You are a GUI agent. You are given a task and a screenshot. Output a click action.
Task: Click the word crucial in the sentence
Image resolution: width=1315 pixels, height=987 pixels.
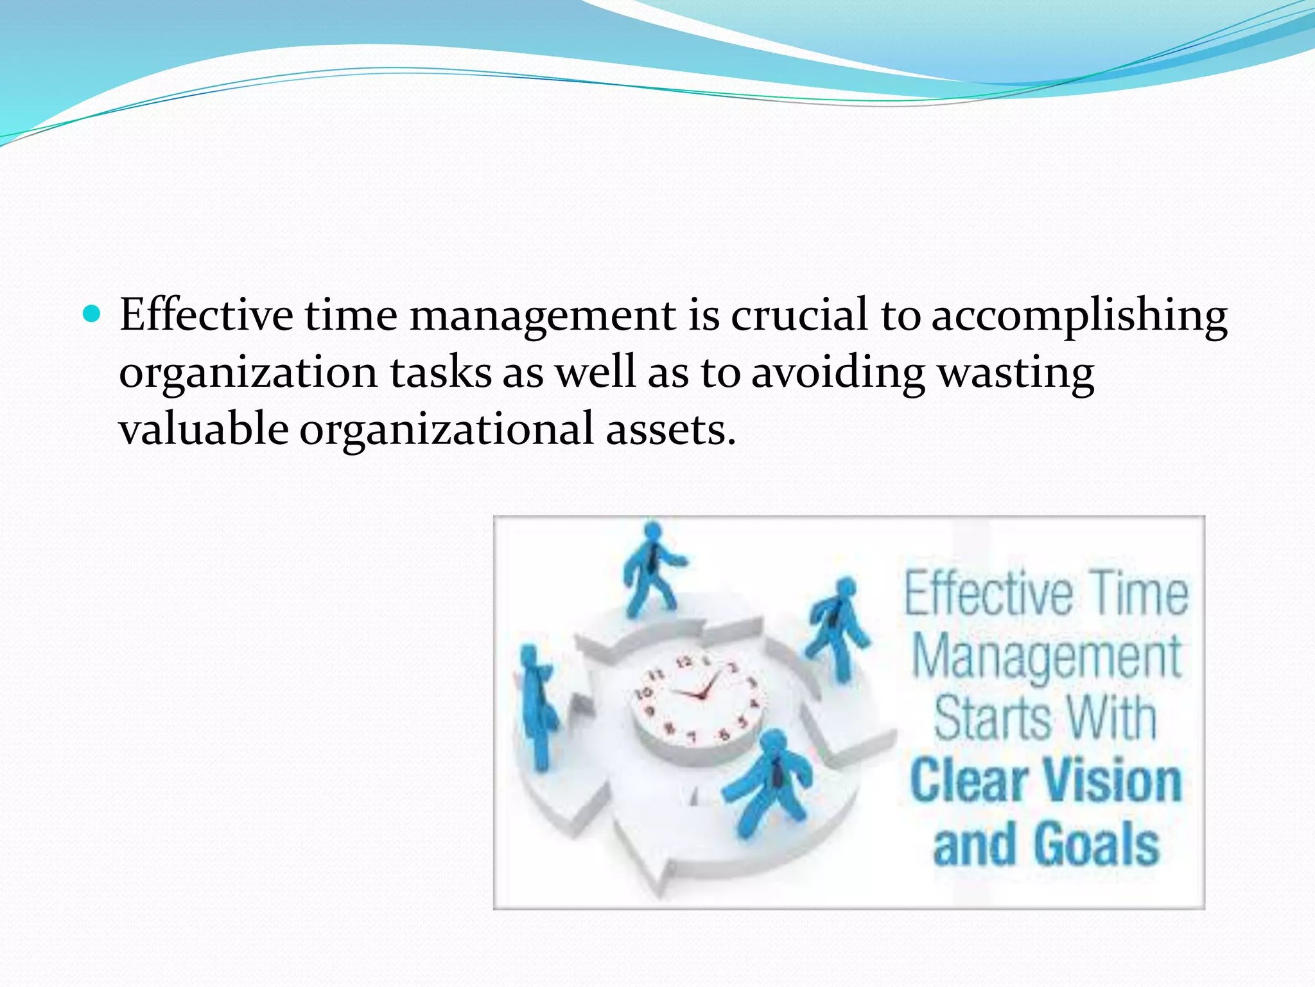[x=799, y=316]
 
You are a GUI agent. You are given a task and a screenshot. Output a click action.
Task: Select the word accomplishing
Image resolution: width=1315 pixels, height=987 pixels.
[x=1079, y=317]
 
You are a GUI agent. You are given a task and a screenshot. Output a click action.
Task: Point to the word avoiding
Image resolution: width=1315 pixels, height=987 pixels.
[x=838, y=373]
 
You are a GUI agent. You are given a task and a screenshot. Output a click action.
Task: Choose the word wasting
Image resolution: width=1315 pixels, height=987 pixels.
[x=1016, y=373]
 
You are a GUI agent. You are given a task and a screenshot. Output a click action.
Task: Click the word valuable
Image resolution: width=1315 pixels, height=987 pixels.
[x=204, y=429]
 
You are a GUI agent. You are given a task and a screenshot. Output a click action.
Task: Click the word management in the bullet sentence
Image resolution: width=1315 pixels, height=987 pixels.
[x=543, y=317]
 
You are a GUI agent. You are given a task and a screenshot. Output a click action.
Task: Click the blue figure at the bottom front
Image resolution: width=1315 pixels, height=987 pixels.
[x=769, y=784]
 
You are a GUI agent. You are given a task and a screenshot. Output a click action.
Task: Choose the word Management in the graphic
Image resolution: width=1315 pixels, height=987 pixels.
[x=1047, y=657]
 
